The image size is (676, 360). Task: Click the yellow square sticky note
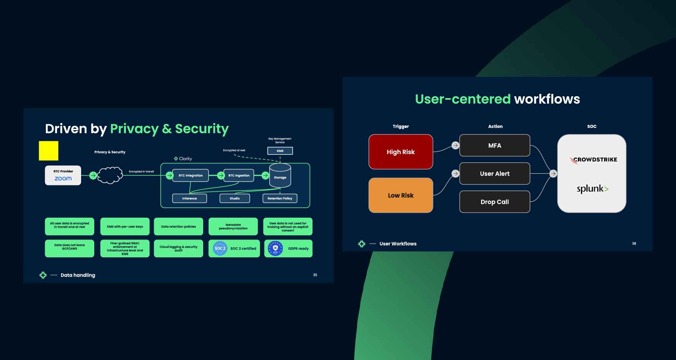pos(49,151)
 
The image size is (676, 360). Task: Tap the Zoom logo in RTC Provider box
pos(63,178)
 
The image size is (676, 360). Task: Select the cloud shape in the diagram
pos(110,175)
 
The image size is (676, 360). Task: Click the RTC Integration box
pos(190,175)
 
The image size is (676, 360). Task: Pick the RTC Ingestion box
pos(239,175)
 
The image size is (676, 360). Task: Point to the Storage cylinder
pos(280,176)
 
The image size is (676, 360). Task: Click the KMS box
pos(280,151)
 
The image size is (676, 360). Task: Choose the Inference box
pos(189,199)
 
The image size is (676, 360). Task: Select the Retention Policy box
pos(280,199)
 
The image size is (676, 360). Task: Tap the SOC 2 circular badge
pos(220,248)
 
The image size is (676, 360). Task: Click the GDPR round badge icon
pos(275,248)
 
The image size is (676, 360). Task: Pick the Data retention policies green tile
pos(178,227)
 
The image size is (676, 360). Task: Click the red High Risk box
pos(401,152)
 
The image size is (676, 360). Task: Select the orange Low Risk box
pos(401,195)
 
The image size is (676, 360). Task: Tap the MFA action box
pos(494,146)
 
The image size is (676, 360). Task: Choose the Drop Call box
pos(494,202)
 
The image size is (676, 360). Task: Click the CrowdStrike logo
pos(594,160)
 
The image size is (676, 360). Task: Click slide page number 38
pos(634,244)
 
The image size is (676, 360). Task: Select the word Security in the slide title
pos(202,129)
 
